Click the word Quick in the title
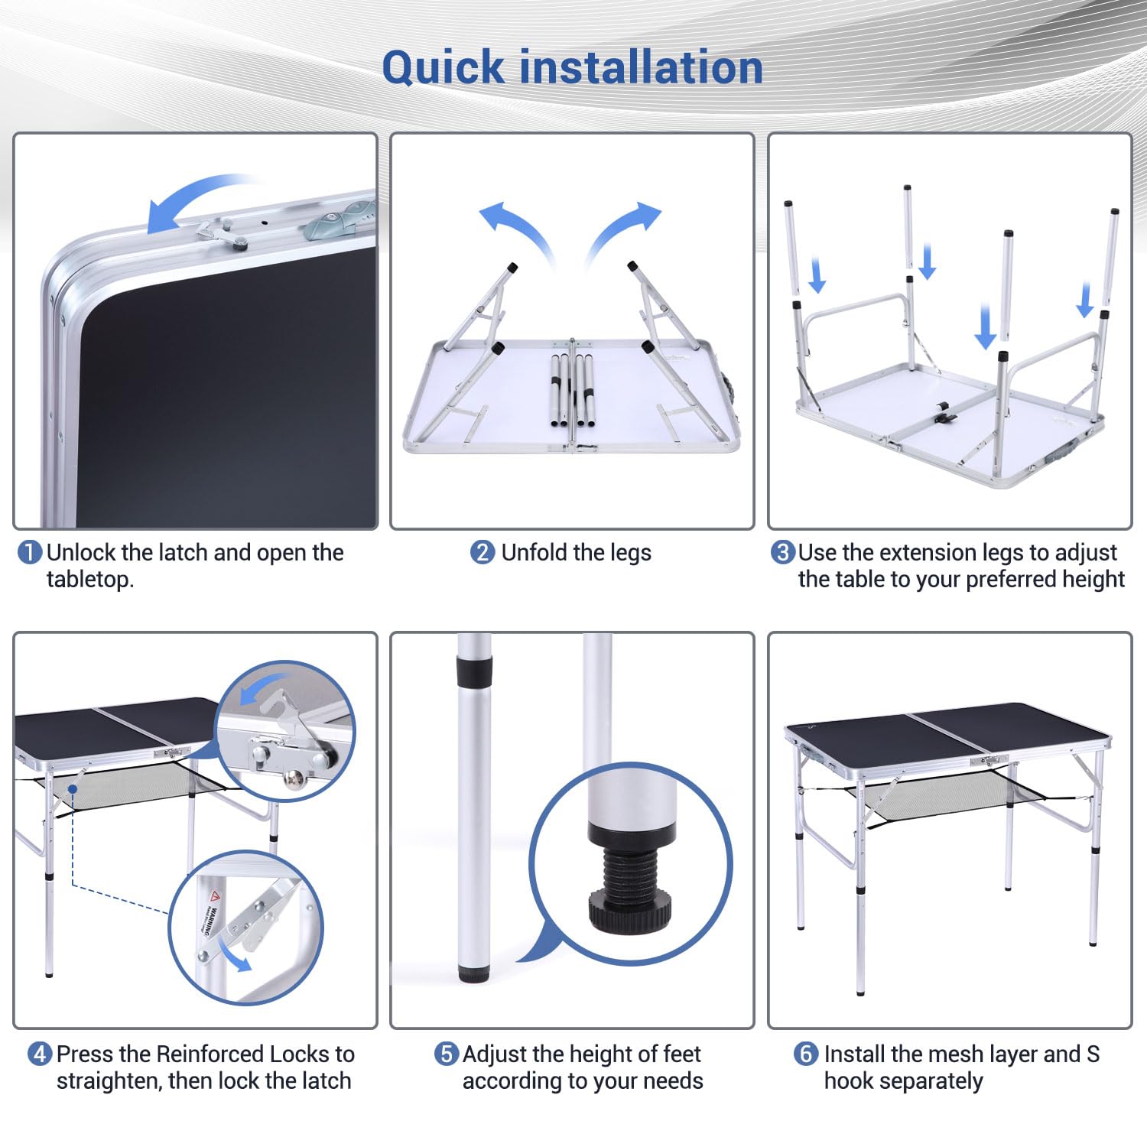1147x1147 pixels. click(x=444, y=68)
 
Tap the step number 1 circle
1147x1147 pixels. click(x=29, y=553)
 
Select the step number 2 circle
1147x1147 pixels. click(x=483, y=553)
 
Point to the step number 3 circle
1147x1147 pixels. click(x=782, y=553)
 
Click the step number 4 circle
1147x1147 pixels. click(x=40, y=1054)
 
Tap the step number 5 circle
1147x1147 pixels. click(x=447, y=1054)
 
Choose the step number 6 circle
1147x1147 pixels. click(x=806, y=1054)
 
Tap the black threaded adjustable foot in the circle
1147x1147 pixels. click(x=630, y=882)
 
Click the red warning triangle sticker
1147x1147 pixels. click(x=215, y=895)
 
